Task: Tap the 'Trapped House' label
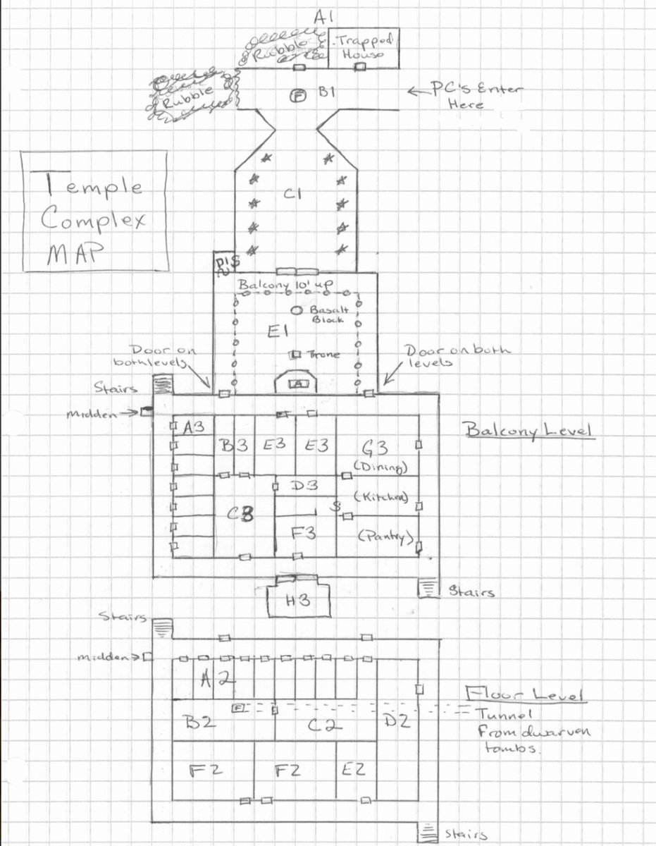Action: point(360,46)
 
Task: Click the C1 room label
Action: point(294,195)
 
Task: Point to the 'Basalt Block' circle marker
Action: point(296,309)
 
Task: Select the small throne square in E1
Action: point(296,354)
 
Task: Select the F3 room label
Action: point(303,534)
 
